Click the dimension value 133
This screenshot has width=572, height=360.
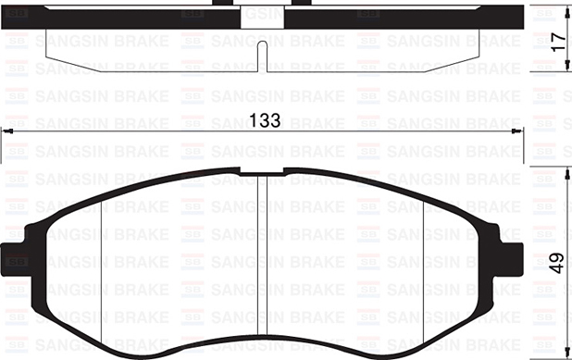point(267,120)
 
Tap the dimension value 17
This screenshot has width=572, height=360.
point(555,42)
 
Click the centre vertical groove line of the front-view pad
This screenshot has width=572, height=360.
point(267,259)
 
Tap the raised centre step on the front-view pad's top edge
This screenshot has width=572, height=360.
point(266,170)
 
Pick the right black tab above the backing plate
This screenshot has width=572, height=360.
point(302,3)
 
